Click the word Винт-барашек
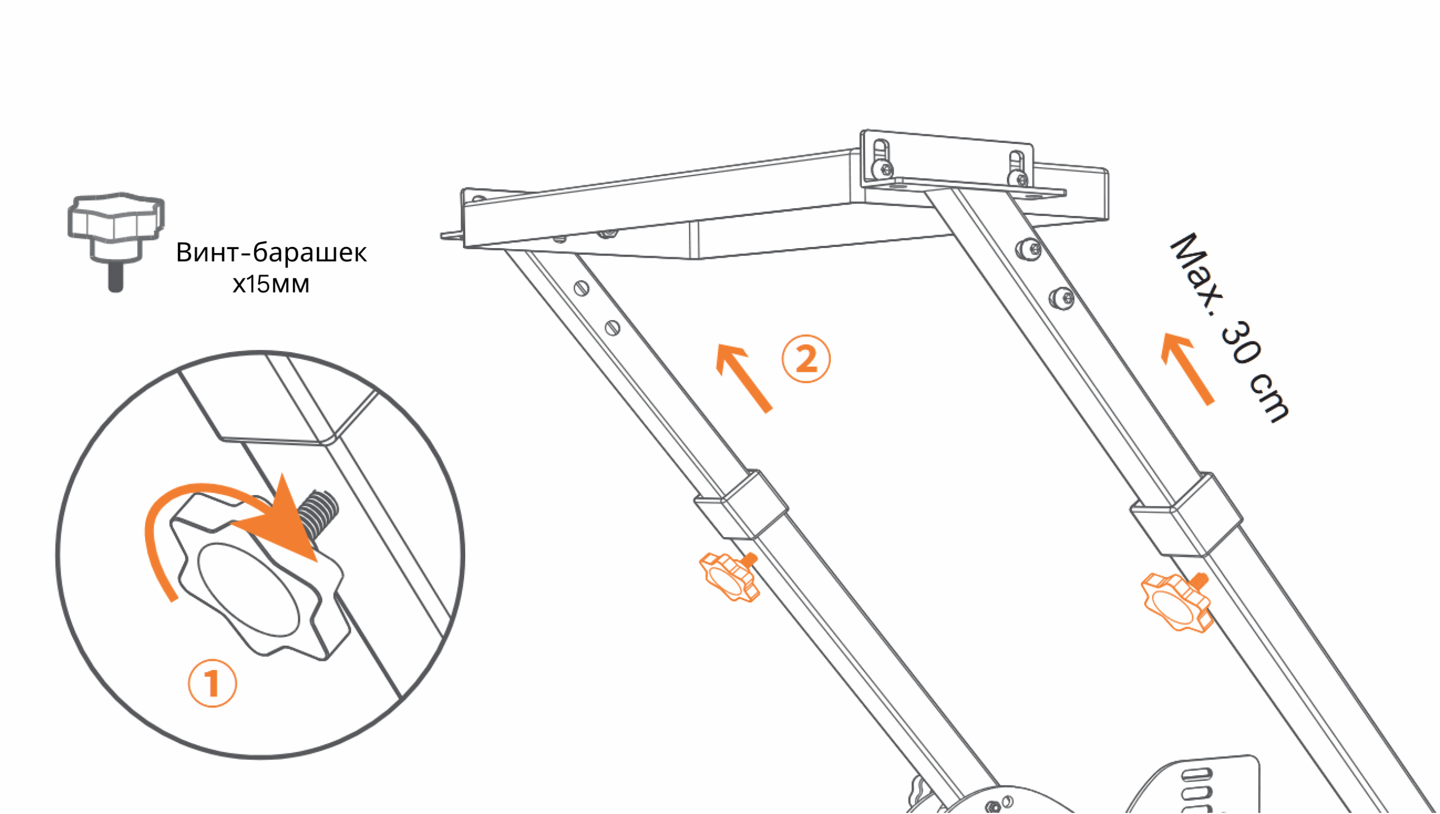click(271, 253)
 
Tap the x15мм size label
click(271, 284)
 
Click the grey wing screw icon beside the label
click(116, 242)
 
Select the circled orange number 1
click(212, 683)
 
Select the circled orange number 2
click(806, 359)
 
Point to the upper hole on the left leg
click(581, 289)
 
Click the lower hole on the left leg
click(613, 327)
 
